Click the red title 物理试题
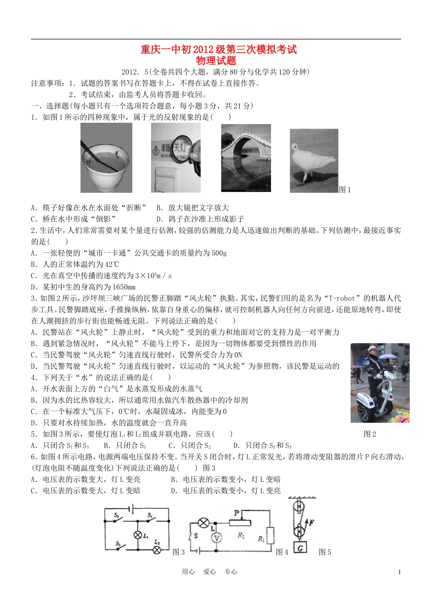coord(216,60)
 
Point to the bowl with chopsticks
coord(104,162)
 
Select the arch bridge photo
coord(246,158)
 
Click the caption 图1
coord(345,190)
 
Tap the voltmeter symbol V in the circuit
coord(217,538)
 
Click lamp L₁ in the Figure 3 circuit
coord(138,535)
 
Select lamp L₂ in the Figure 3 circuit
coord(157,550)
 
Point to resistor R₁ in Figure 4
coord(271,536)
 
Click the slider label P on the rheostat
coord(236,513)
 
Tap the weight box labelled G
coord(300,548)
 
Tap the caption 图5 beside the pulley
coord(325,552)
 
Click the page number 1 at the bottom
coord(399,572)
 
